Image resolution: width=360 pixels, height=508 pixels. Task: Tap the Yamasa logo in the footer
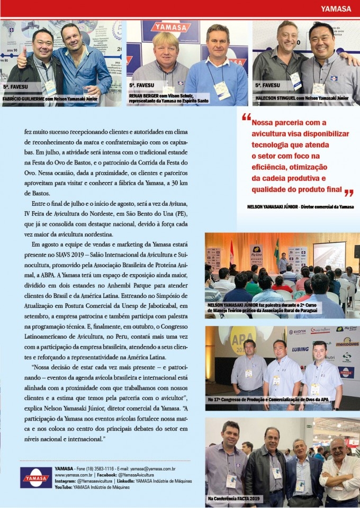click(x=36, y=477)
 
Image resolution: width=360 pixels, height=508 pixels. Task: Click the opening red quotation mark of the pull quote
click(x=246, y=117)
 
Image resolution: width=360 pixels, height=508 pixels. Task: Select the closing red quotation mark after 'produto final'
click(x=348, y=193)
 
